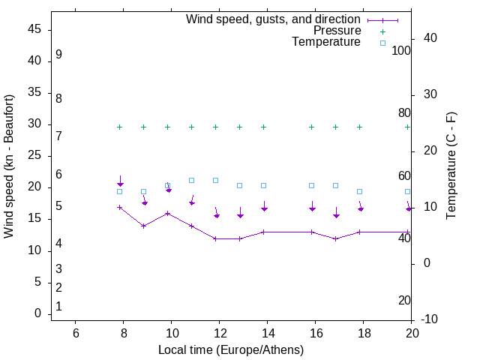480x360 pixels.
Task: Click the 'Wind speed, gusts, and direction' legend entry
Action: (x=273, y=19)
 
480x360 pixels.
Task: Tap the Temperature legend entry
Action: (x=325, y=43)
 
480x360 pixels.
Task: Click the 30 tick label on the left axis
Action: (x=34, y=124)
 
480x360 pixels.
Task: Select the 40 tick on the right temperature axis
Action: (x=430, y=38)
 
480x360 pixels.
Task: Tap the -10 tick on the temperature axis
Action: (x=430, y=319)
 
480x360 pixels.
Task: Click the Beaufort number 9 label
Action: (x=58, y=55)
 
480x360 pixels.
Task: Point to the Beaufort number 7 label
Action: (x=58, y=136)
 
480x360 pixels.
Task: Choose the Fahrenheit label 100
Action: (x=401, y=50)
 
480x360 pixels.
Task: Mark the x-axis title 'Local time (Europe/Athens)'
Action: (x=231, y=349)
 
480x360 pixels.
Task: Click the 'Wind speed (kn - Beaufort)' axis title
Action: (x=9, y=166)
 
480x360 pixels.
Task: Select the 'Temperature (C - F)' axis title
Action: (x=451, y=166)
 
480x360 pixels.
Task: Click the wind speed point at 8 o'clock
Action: (x=120, y=207)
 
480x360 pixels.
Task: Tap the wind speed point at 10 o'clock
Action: (x=168, y=213)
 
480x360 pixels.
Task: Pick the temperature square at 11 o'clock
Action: (x=192, y=180)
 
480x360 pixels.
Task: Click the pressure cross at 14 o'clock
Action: (x=264, y=127)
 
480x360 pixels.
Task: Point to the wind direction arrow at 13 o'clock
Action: (x=240, y=213)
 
